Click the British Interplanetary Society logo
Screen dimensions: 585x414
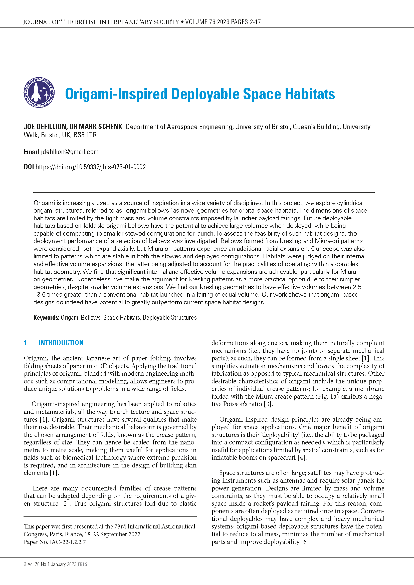[x=39, y=93]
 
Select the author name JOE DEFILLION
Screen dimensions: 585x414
[x=45, y=127]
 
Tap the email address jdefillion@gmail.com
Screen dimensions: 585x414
[x=70, y=152]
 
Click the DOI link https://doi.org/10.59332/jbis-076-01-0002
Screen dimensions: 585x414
[x=91, y=167]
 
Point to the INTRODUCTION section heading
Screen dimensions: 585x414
[x=61, y=343]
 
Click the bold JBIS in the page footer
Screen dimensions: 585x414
[x=82, y=564]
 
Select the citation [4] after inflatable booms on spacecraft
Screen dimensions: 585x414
[x=302, y=458]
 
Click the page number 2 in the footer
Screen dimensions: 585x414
[x=25, y=564]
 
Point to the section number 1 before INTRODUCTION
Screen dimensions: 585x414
[x=25, y=343]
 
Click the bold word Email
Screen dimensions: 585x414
[x=31, y=152]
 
